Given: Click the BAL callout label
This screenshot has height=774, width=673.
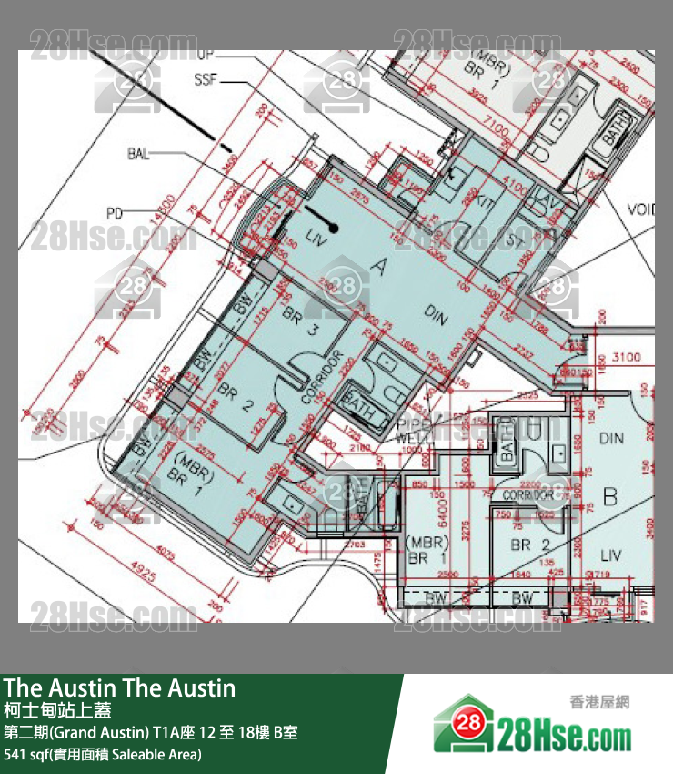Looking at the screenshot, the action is coord(138,154).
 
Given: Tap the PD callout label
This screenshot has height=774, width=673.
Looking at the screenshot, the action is coord(114,214).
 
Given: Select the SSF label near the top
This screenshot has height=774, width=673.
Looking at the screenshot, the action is coord(205,80).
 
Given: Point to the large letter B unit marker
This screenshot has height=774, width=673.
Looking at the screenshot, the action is coord(610,497).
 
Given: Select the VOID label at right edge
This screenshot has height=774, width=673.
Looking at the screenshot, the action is coord(639,210).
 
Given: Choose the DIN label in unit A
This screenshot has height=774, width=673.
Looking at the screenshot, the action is coord(437,316).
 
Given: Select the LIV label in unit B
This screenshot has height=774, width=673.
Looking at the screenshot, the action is coord(610,555).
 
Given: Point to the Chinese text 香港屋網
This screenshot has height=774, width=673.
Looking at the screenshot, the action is coord(599,702).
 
